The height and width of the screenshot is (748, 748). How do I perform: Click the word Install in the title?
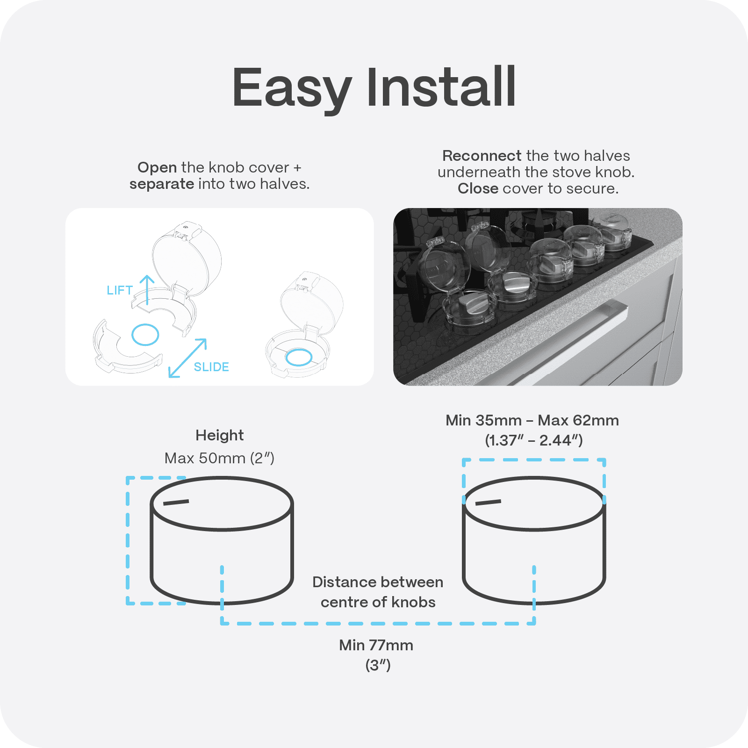441,87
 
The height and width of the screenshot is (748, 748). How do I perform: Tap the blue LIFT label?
120,290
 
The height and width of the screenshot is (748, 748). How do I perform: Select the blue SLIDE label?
211,367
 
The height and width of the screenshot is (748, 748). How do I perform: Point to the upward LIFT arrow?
147,290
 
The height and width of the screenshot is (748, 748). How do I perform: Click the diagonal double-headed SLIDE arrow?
187,358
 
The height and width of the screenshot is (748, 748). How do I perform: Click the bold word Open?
157,168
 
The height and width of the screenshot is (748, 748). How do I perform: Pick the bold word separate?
162,184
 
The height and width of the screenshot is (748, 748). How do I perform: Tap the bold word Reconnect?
482,156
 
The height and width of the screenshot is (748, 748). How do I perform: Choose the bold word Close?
478,188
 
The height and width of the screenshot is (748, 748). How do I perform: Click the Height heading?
219,435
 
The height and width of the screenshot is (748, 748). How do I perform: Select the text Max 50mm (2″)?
219,458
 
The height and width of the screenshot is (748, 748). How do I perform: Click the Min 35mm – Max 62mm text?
532,420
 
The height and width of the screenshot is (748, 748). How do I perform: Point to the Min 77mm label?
376,645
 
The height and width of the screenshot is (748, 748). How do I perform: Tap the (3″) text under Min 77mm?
378,665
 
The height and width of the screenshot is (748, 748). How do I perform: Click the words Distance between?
378,582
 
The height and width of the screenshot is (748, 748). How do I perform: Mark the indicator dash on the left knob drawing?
176,503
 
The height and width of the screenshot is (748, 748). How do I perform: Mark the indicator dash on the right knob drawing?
488,503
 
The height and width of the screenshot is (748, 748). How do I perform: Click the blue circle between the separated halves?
145,334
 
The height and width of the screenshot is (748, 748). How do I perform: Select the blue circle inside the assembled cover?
299,358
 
